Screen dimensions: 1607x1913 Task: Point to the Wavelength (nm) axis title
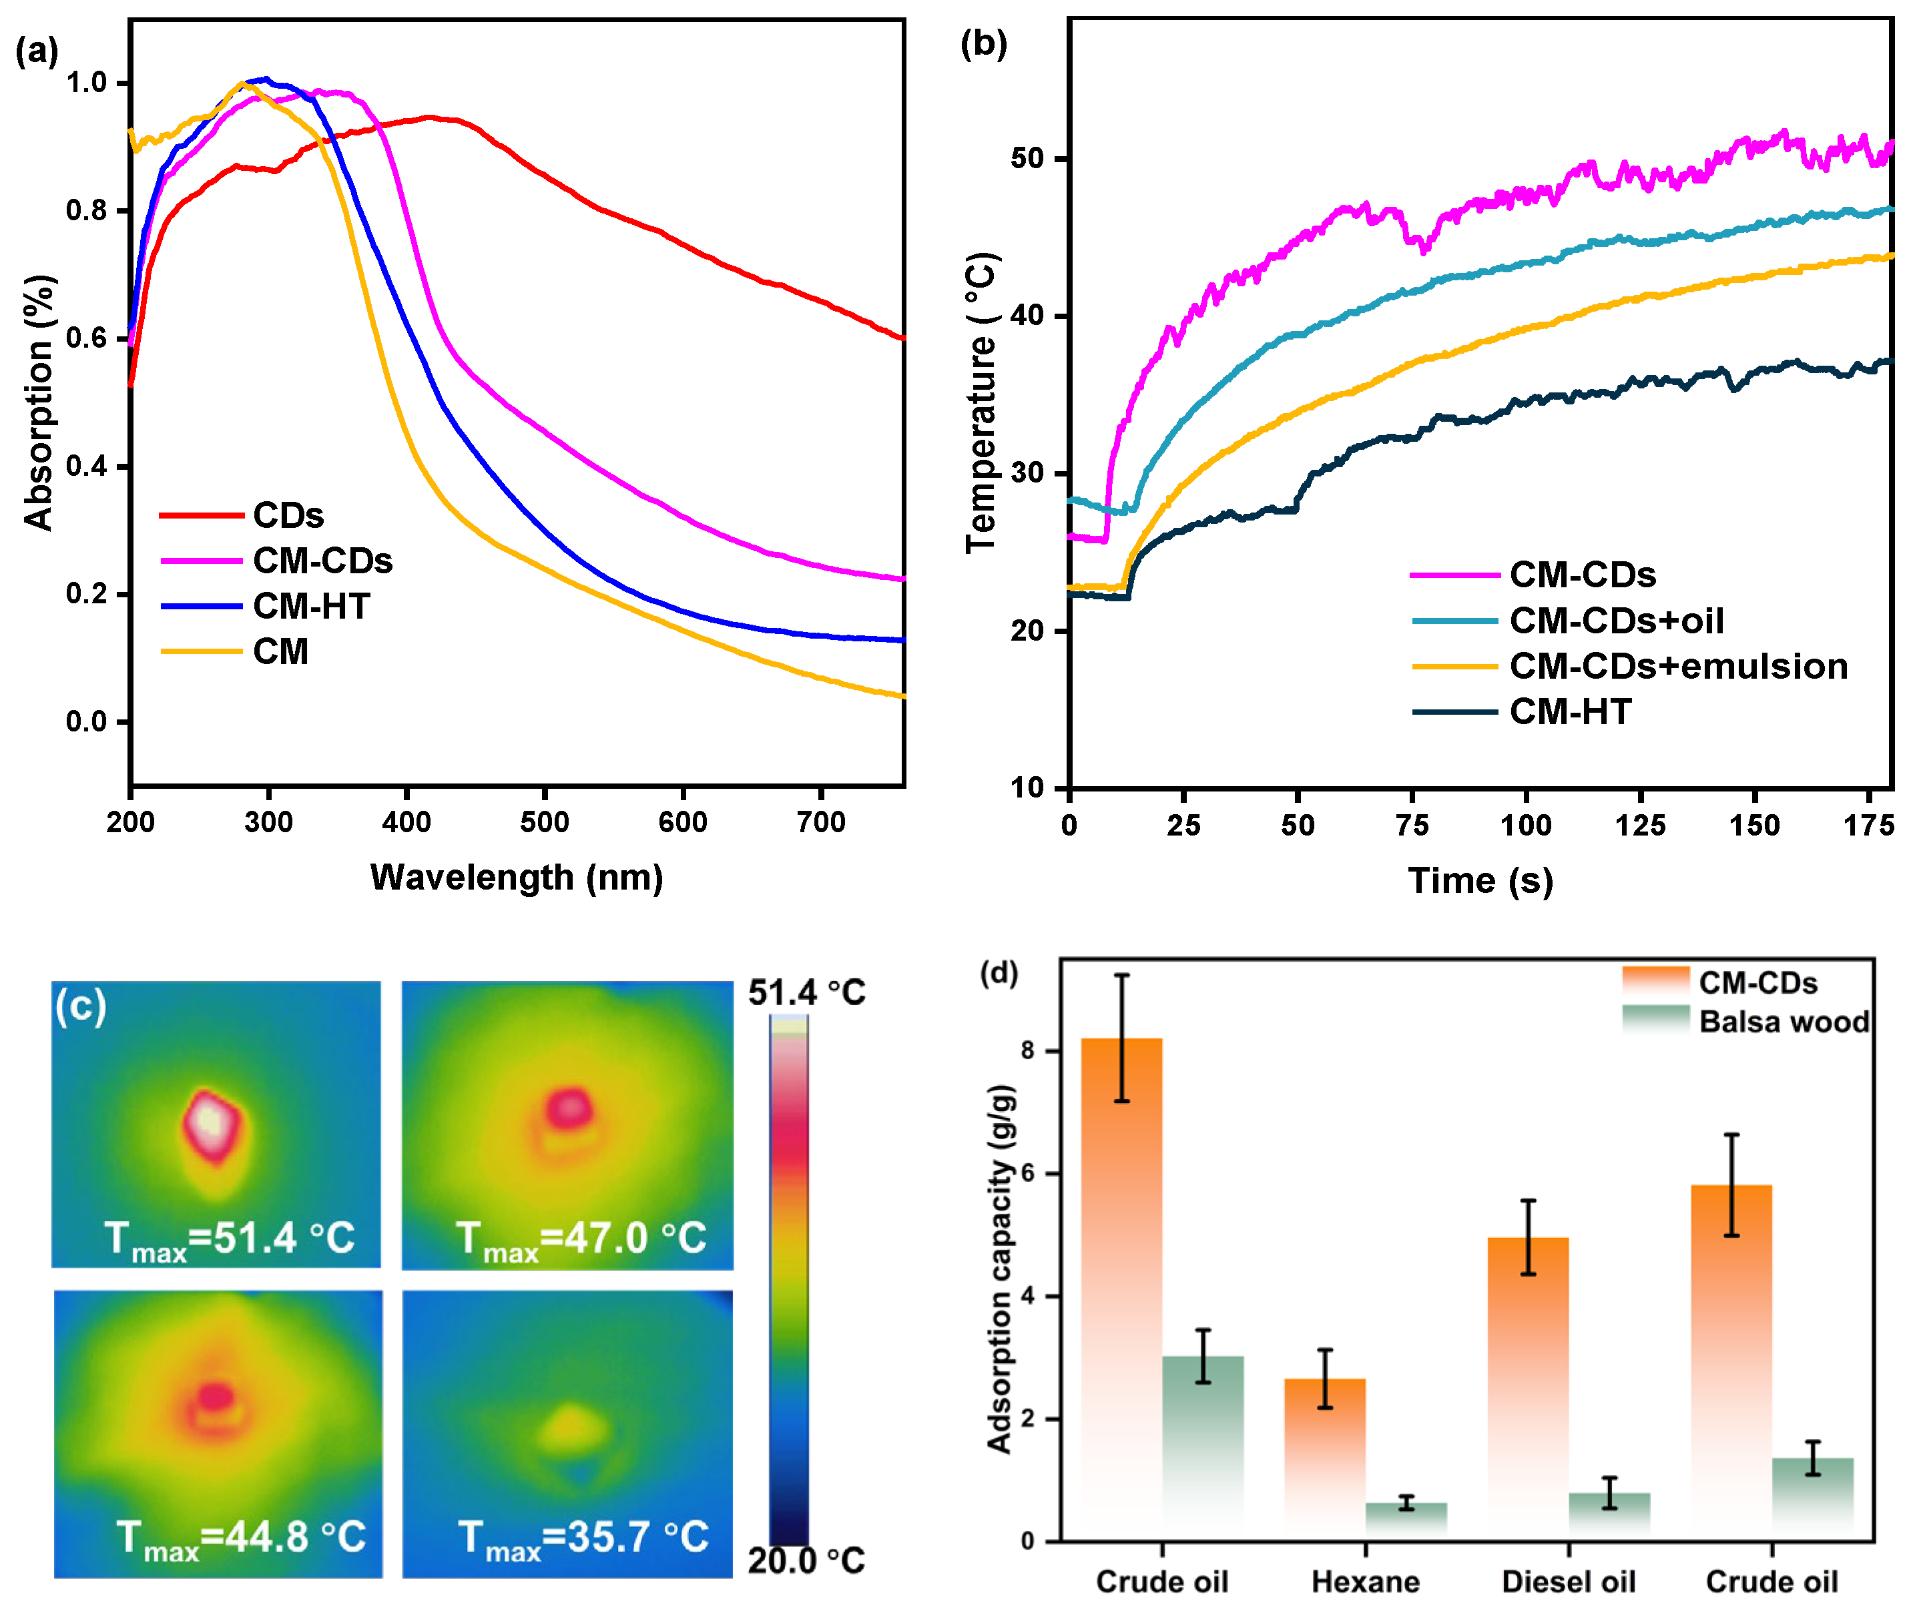click(x=517, y=878)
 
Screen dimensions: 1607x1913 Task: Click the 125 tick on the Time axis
click(x=1640, y=826)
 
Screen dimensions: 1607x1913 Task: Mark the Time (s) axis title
click(x=1480, y=880)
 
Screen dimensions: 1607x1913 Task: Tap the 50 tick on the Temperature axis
click(x=1027, y=159)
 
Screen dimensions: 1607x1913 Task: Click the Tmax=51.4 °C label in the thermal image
click(x=230, y=1239)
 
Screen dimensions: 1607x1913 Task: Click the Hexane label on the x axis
click(x=1364, y=1582)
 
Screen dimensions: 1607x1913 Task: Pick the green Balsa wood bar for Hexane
click(x=1406, y=1520)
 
